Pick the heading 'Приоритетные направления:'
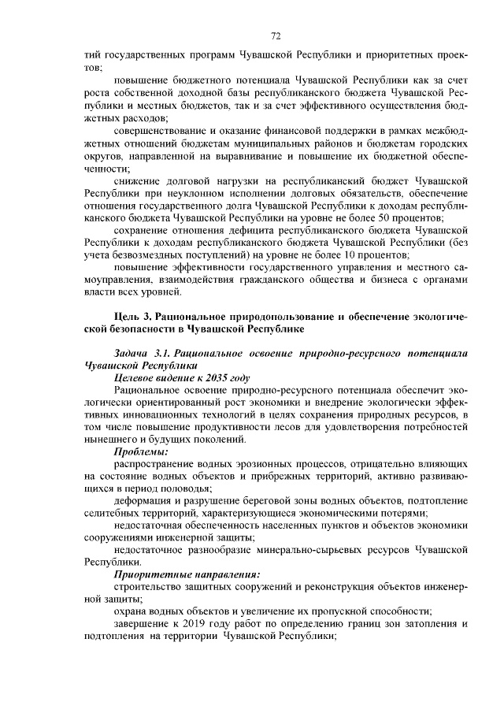(x=187, y=574)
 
